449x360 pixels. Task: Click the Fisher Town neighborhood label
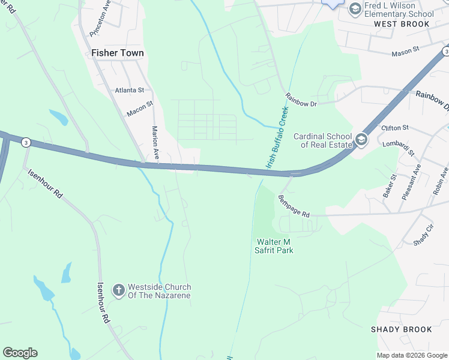(118, 53)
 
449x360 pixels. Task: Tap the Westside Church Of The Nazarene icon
(119, 290)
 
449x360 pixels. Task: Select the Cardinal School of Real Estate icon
(361, 140)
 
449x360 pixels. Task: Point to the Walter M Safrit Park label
(275, 246)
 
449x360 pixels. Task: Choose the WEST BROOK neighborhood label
(402, 24)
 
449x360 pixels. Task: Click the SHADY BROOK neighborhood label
(401, 329)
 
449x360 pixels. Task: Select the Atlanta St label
(130, 90)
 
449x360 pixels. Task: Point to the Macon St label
(140, 108)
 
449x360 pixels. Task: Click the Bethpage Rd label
(294, 206)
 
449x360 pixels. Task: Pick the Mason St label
(405, 53)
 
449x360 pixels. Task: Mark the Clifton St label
(394, 128)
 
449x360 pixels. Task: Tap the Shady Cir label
(423, 235)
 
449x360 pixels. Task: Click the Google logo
(20, 353)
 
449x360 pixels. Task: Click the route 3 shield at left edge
(26, 142)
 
